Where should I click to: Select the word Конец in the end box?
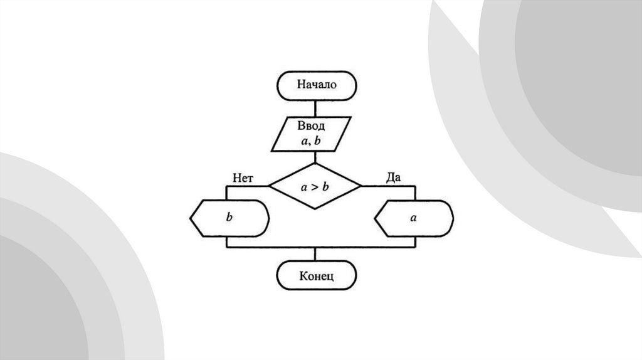pyautogui.click(x=317, y=276)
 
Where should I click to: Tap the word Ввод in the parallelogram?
pyautogui.click(x=311, y=126)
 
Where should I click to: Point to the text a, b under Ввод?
pyautogui.click(x=311, y=141)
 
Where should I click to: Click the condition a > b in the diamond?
pyautogui.click(x=315, y=186)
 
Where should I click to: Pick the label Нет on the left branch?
pyautogui.click(x=243, y=178)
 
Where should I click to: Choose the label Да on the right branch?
pyautogui.click(x=393, y=177)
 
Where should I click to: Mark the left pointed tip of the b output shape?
pyautogui.click(x=190, y=218)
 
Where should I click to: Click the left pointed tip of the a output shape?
pyautogui.click(x=375, y=218)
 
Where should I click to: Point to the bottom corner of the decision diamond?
pyautogui.click(x=315, y=209)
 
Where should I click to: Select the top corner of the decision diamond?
pyautogui.click(x=315, y=163)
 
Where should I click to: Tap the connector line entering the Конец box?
pyautogui.click(x=315, y=254)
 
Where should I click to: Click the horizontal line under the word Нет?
pyautogui.click(x=248, y=186)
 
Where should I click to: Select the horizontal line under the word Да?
pyautogui.click(x=389, y=186)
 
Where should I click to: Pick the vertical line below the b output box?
pyautogui.click(x=226, y=241)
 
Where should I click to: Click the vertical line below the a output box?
pyautogui.click(x=414, y=241)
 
